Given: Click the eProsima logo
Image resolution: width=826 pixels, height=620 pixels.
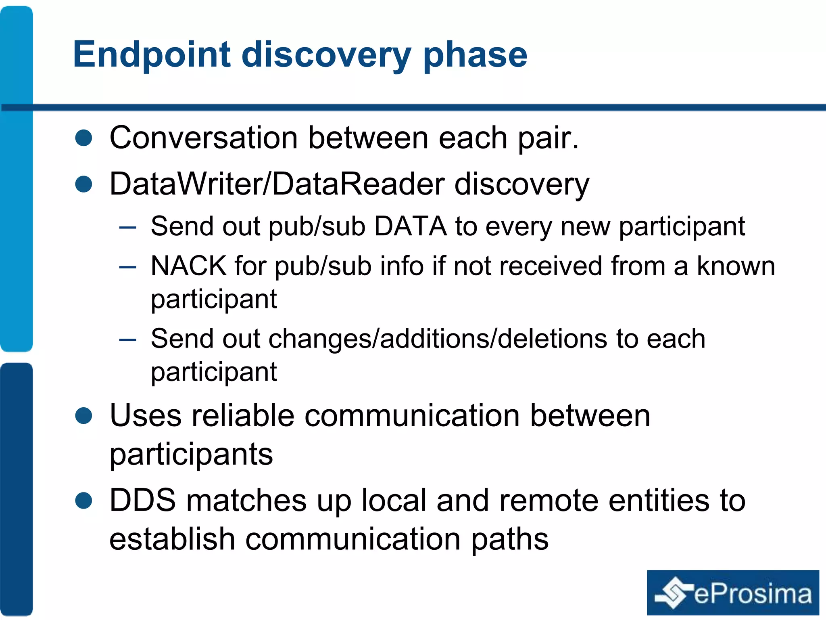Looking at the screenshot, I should (733, 593).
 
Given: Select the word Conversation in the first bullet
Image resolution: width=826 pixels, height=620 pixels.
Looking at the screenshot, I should (204, 138).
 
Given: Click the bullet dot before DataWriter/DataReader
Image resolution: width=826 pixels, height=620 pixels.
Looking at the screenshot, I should (84, 184).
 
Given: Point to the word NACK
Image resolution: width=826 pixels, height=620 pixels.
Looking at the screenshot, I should (188, 266).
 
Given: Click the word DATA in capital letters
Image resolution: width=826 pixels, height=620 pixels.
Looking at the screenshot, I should (410, 226).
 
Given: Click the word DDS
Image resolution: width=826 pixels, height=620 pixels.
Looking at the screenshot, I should (143, 501).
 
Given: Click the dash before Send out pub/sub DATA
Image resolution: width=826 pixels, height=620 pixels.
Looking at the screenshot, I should (128, 227).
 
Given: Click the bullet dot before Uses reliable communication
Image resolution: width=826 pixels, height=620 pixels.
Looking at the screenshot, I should (84, 416).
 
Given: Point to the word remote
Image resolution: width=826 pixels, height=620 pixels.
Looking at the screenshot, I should (549, 501).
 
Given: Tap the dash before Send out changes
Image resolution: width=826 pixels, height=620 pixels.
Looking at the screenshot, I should (128, 340).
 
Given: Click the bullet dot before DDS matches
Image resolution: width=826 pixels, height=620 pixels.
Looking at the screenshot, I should (84, 501).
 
